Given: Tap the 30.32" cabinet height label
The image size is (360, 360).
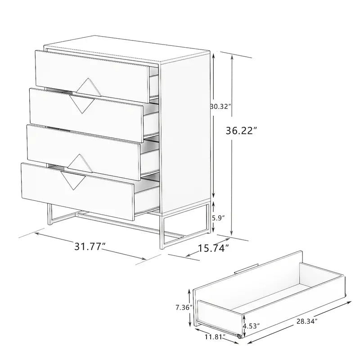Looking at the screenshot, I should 220,107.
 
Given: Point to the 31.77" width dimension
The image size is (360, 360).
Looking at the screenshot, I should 90,246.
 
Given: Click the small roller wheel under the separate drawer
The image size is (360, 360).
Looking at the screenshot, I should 239,336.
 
